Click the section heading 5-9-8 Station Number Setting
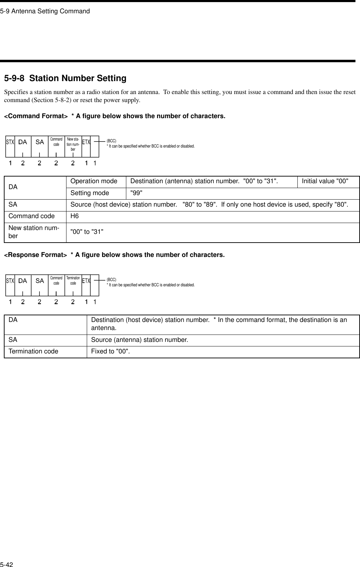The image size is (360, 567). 65,78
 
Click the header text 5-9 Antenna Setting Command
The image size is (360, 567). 45,11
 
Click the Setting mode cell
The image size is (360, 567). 90,193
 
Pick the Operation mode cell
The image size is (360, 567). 94,181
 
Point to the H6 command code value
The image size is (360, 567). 75,216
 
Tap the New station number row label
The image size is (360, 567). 31,231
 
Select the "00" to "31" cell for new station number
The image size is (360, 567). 87,231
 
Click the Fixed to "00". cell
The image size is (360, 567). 110,351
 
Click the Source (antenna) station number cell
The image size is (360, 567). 139,340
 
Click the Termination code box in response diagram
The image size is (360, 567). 73,281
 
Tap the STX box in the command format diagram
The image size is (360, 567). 10,142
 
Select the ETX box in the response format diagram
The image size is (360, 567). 86,281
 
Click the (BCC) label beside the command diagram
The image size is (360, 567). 112,141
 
